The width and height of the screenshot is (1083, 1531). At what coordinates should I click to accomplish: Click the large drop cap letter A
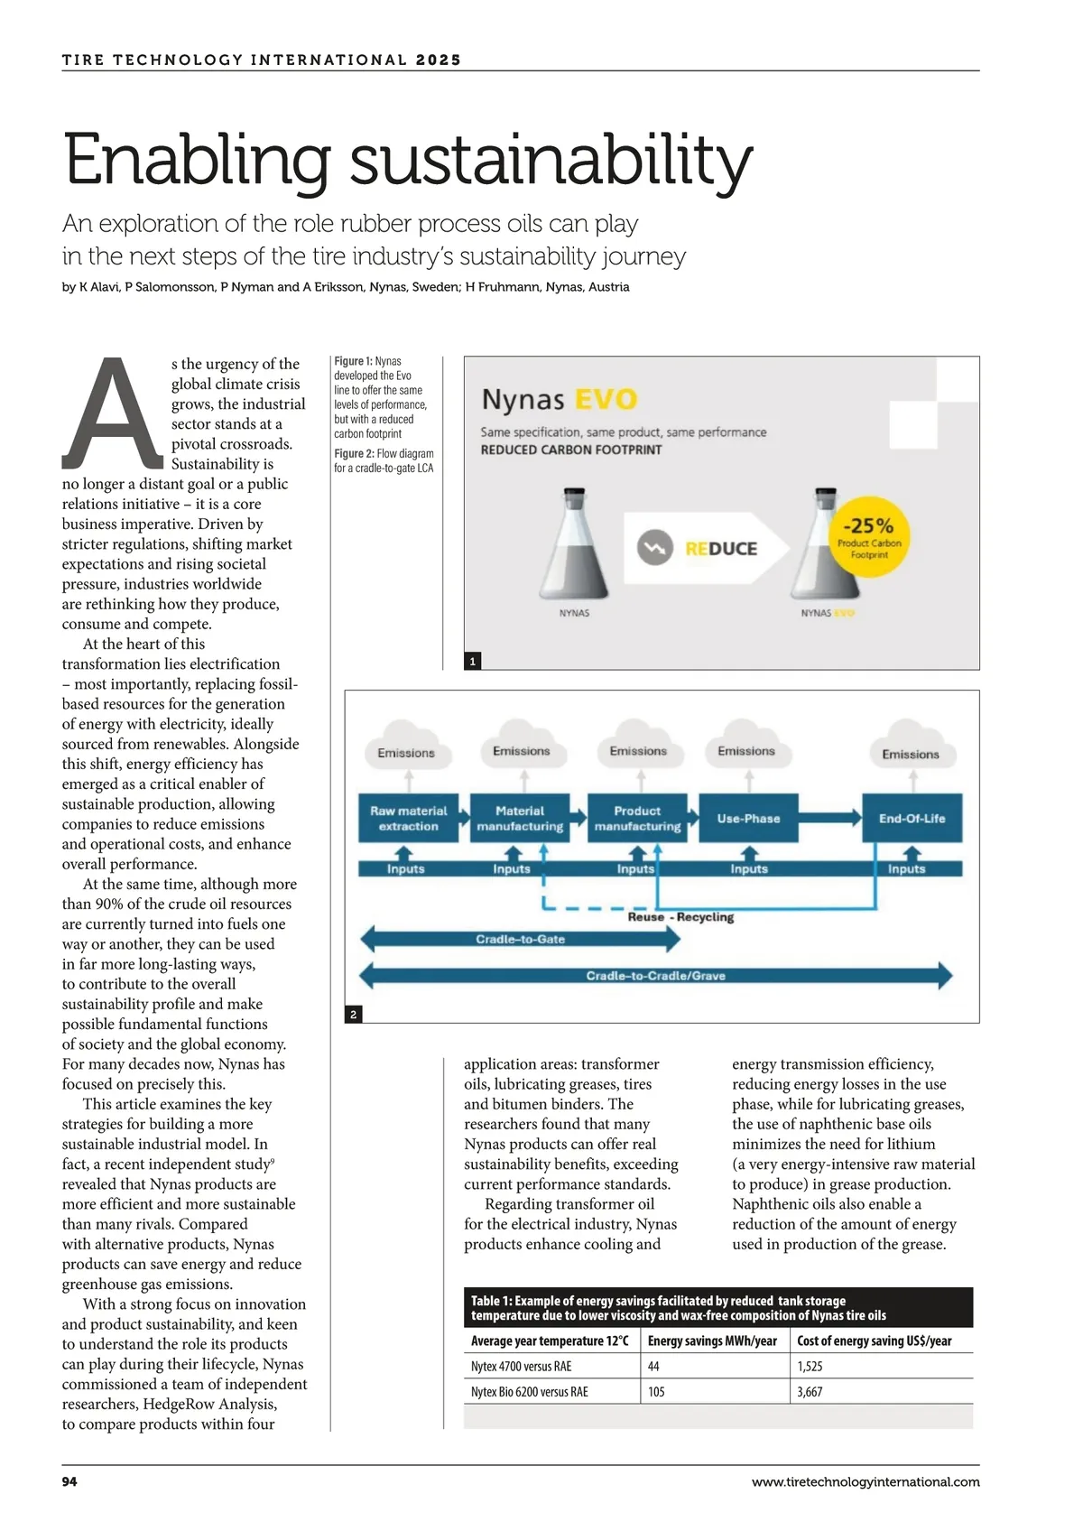pyautogui.click(x=112, y=414)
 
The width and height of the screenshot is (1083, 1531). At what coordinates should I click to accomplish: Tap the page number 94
pyautogui.click(x=69, y=1481)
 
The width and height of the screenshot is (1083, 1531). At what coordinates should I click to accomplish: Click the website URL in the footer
pyautogui.click(x=865, y=1481)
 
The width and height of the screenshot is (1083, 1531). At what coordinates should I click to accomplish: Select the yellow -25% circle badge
pyautogui.click(x=868, y=536)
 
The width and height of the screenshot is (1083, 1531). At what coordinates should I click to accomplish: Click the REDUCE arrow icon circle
pyautogui.click(x=655, y=548)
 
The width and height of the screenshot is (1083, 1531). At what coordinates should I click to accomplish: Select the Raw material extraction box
pyautogui.click(x=408, y=818)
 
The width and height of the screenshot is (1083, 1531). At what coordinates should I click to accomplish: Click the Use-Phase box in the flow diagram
pyautogui.click(x=748, y=818)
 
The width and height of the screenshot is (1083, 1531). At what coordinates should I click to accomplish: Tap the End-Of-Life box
pyautogui.click(x=912, y=818)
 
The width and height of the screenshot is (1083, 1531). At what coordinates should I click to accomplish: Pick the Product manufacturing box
pyautogui.click(x=637, y=818)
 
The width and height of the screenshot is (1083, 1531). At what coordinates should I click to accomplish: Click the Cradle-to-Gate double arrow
pyautogui.click(x=520, y=939)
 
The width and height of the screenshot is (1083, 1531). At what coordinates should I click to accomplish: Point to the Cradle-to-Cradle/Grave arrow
pyautogui.click(x=655, y=976)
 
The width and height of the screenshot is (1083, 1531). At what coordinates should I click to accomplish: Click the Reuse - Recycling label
pyautogui.click(x=680, y=917)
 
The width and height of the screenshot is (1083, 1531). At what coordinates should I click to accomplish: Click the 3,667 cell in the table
pyautogui.click(x=810, y=1392)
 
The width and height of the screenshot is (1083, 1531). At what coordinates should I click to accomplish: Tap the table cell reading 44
pyautogui.click(x=653, y=1367)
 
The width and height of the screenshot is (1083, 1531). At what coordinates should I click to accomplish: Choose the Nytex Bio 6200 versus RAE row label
pyautogui.click(x=529, y=1392)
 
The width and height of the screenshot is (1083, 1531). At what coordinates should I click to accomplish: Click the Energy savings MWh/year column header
pyautogui.click(x=712, y=1341)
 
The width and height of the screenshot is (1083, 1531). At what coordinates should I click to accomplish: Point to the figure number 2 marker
pyautogui.click(x=353, y=1015)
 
